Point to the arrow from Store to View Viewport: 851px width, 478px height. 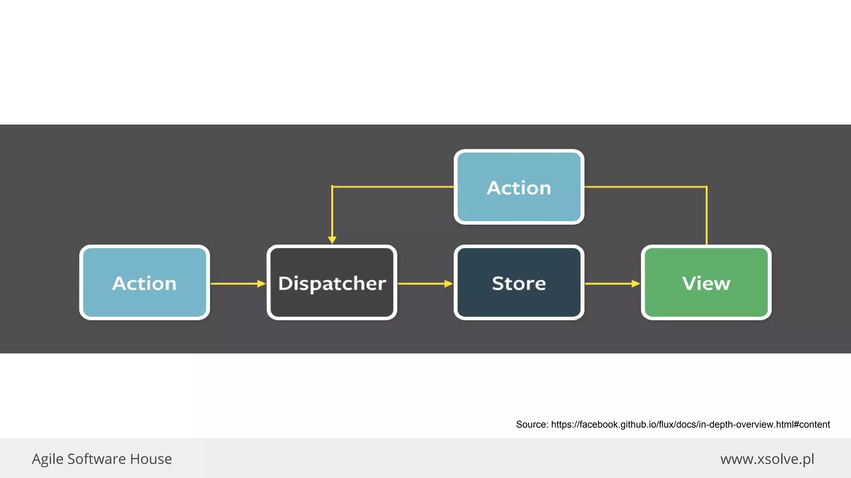click(x=612, y=284)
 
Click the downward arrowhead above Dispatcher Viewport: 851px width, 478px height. click(x=332, y=239)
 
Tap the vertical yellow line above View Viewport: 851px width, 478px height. click(x=706, y=216)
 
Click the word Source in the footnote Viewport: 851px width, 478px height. click(x=531, y=424)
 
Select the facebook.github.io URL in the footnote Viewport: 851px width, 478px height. click(x=690, y=424)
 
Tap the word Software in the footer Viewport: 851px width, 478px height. click(x=96, y=459)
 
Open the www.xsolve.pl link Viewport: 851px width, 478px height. click(x=767, y=459)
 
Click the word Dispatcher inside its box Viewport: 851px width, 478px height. click(x=332, y=283)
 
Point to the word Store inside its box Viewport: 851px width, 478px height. click(x=519, y=283)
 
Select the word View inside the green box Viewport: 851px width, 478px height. click(x=706, y=283)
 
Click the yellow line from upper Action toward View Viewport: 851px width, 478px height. click(x=644, y=187)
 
